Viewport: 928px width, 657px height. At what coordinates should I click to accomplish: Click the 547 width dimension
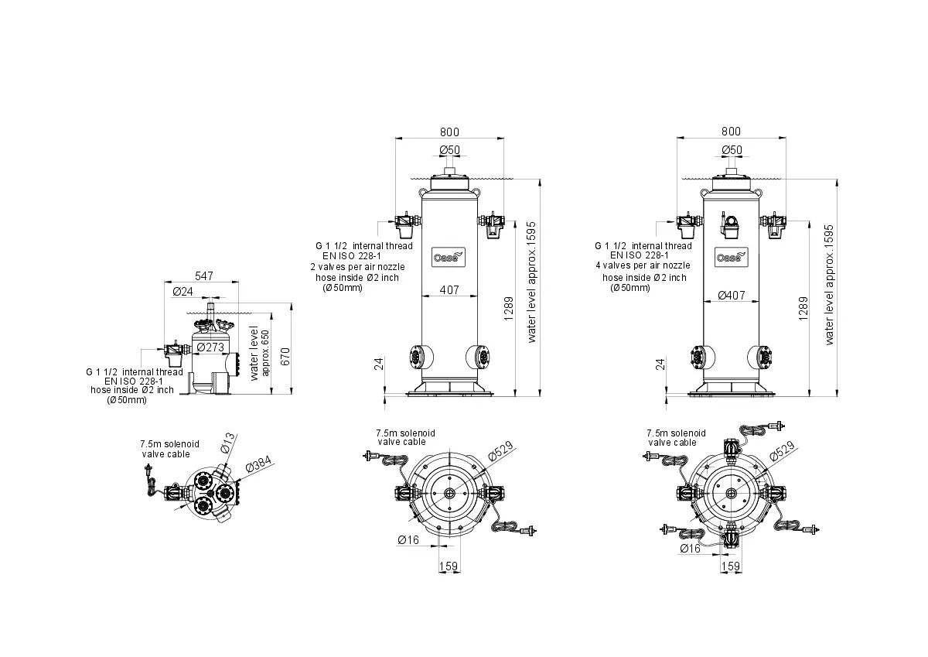204,276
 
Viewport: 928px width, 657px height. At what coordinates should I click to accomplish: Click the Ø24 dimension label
183,292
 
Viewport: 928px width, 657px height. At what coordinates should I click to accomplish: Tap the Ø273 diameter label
210,347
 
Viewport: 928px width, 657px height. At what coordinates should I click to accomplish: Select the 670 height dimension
285,357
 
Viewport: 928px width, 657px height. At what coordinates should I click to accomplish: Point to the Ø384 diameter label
258,464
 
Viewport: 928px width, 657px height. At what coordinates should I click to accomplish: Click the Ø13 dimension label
227,443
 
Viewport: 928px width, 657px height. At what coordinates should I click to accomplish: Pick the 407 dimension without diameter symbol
449,289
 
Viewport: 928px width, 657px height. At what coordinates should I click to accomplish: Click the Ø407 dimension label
732,295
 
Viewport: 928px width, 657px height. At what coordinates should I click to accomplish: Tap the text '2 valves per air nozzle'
357,267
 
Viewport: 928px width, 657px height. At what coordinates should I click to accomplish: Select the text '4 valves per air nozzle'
643,265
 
